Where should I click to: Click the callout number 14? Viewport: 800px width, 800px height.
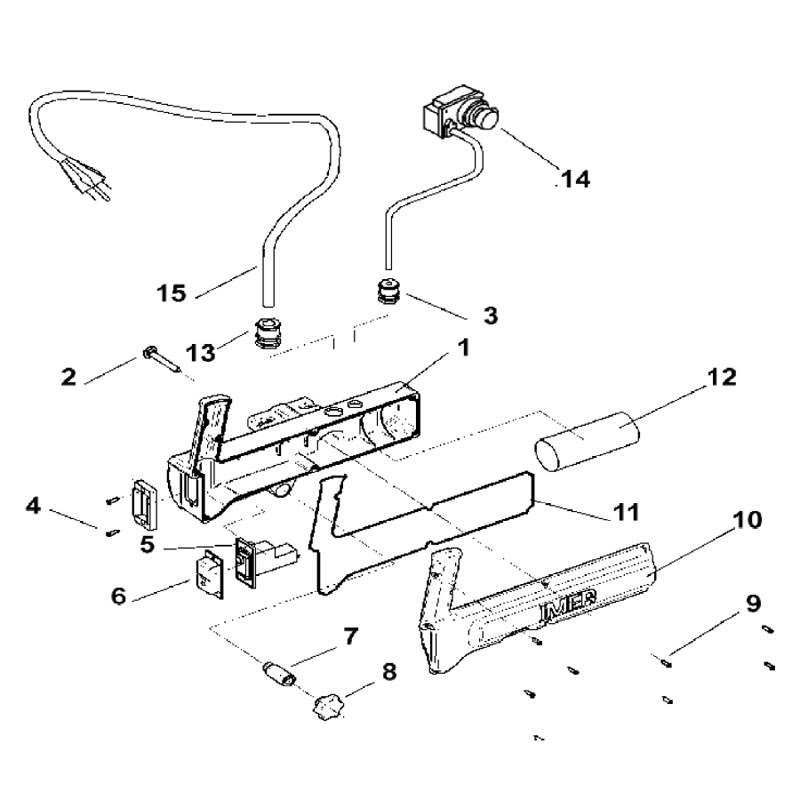[x=574, y=180]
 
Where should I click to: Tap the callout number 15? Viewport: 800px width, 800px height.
[x=172, y=293]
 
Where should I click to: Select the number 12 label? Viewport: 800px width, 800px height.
[x=722, y=377]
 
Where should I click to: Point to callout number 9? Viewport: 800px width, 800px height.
[x=751, y=603]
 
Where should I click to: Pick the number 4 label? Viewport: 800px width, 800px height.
[x=34, y=506]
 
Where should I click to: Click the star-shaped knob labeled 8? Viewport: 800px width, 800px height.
[x=326, y=706]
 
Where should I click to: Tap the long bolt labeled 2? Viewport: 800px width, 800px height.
[x=160, y=357]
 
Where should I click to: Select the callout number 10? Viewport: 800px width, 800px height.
[x=747, y=520]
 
